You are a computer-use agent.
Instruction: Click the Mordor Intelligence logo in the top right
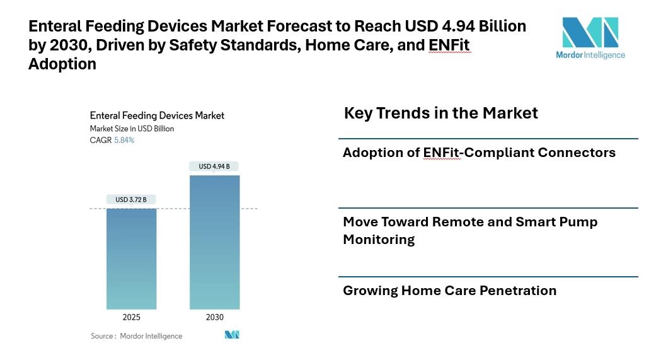point(590,38)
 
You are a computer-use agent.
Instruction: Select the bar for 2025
point(131,258)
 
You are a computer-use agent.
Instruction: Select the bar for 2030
point(214,243)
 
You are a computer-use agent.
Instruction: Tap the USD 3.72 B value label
point(131,200)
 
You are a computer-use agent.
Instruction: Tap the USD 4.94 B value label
point(214,166)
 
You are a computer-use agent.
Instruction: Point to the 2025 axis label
point(131,317)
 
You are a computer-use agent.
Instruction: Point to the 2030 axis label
point(214,317)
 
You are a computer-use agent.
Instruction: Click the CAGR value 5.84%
point(124,140)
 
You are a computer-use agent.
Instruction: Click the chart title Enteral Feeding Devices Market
point(157,115)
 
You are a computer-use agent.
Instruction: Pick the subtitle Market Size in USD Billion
point(132,129)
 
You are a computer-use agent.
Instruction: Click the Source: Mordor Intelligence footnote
point(136,336)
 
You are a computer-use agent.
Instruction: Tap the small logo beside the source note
point(232,335)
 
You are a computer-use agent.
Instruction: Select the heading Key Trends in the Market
point(440,113)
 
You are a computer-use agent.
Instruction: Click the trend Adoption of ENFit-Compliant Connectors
point(479,153)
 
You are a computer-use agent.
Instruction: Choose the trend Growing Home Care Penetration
point(449,291)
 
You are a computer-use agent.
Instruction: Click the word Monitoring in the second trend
point(379,240)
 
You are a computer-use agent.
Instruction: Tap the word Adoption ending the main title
point(62,64)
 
